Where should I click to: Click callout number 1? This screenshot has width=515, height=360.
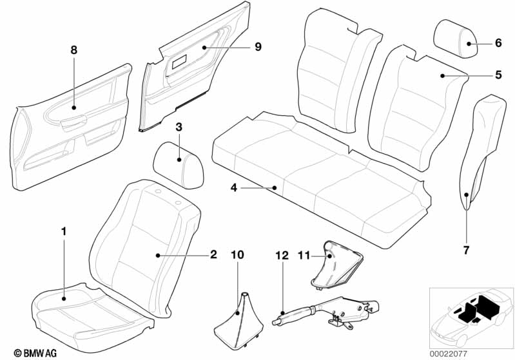pyautogui.click(x=64, y=231)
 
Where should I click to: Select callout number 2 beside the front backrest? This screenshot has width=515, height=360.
pyautogui.click(x=213, y=254)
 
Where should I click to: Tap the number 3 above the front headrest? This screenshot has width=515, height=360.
pyautogui.click(x=179, y=127)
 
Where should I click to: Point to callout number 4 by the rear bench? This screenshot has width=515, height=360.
pyautogui.click(x=234, y=187)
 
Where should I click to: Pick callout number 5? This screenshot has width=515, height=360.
pyautogui.click(x=499, y=75)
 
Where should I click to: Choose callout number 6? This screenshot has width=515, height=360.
pyautogui.click(x=499, y=43)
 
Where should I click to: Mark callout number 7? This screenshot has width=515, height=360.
pyautogui.click(x=467, y=251)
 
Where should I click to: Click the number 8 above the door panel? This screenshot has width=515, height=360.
pyautogui.click(x=74, y=50)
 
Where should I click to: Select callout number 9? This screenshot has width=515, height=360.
pyautogui.click(x=258, y=47)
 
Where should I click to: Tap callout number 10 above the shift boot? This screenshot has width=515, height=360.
pyautogui.click(x=237, y=254)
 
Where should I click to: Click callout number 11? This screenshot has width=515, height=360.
pyautogui.click(x=304, y=255)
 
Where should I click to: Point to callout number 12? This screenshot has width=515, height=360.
pyautogui.click(x=282, y=255)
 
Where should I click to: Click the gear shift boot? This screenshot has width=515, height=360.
pyautogui.click(x=238, y=318)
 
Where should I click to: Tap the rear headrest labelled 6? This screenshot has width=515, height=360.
pyautogui.click(x=456, y=39)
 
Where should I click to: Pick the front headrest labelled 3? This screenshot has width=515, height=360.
pyautogui.click(x=179, y=165)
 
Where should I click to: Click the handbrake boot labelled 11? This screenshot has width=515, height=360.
pyautogui.click(x=336, y=265)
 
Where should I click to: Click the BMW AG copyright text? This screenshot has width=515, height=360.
pyautogui.click(x=35, y=353)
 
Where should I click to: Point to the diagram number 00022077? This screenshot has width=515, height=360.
pyautogui.click(x=449, y=354)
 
